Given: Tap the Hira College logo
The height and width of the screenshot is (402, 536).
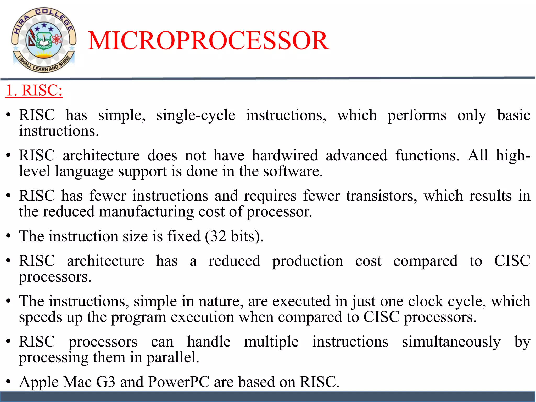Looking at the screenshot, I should pos(44,40).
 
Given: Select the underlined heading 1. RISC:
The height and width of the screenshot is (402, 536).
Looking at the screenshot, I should pos(34,91).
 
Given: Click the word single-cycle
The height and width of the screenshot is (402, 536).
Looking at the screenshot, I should pos(196,115).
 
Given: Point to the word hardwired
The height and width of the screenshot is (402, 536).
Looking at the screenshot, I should pos(285,155).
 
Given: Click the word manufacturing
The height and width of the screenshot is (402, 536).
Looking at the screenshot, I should pos(146,212).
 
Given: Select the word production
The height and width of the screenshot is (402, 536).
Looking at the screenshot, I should pos(308,261).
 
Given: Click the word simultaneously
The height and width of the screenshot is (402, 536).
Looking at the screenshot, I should pos(451,342).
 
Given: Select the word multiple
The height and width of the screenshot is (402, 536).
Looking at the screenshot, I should pos(271,342).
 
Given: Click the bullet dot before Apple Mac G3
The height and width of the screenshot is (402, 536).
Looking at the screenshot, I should pos(9,382).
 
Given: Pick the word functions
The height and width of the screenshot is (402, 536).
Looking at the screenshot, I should pos(427,155).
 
